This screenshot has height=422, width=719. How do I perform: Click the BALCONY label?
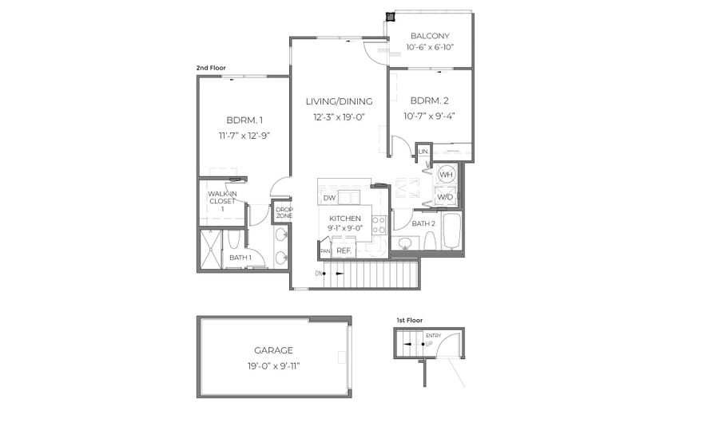[430, 36]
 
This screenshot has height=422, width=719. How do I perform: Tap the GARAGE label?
[273, 350]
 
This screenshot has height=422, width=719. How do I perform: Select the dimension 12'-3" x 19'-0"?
[339, 117]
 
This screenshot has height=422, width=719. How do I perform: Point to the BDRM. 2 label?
[431, 101]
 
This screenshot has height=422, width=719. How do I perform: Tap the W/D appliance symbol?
[446, 197]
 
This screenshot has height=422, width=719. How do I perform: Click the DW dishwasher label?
[329, 198]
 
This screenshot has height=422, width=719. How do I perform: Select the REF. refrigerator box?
[344, 250]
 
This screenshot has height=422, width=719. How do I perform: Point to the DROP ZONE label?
[284, 213]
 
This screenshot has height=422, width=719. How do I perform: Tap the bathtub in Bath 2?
[451, 232]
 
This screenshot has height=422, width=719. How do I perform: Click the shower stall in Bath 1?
[211, 248]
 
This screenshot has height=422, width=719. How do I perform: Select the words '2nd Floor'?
[211, 69]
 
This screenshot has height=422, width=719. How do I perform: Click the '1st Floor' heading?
[409, 320]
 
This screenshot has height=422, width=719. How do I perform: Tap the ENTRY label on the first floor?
[433, 335]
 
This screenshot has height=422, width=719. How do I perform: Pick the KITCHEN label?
[345, 219]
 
